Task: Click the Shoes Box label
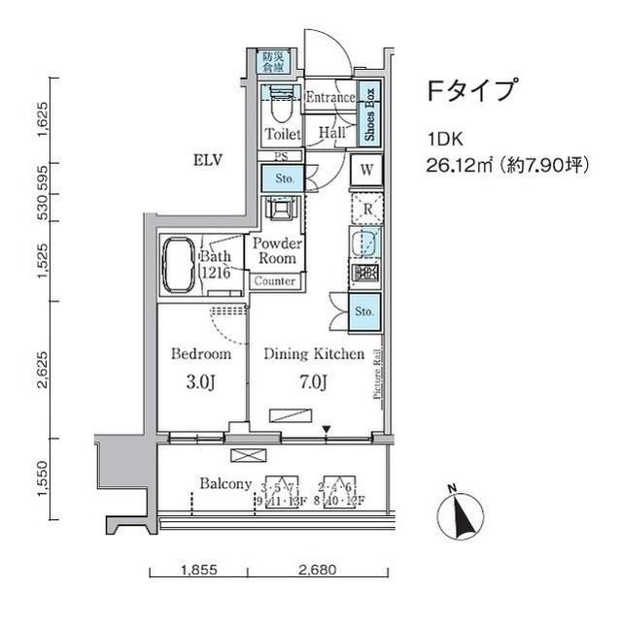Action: point(370,114)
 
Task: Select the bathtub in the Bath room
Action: point(179,263)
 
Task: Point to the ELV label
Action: point(208,160)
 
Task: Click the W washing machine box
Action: point(368,170)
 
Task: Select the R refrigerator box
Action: point(367,207)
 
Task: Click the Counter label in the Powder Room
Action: point(275,281)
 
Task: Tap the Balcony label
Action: point(225,484)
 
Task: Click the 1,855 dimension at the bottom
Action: point(198,571)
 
